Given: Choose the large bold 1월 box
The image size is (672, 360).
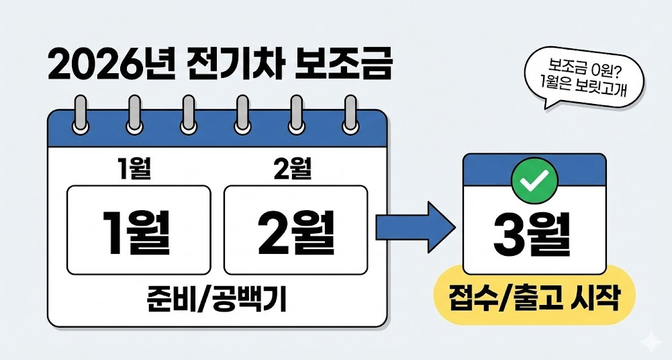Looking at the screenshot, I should [139, 230].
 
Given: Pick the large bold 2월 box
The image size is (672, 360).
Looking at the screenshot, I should [295, 230].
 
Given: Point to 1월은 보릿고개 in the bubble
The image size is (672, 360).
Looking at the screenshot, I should [581, 86].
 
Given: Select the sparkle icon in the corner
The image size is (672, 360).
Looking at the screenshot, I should [650, 342].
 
